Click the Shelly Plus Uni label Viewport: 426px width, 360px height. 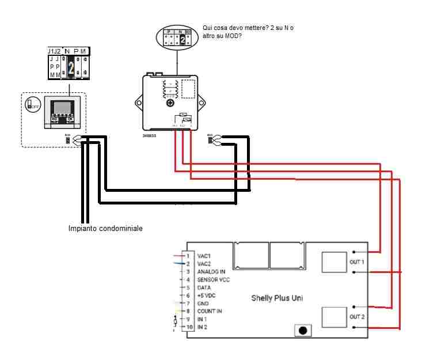point(276,298)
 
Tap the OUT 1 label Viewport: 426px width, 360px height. point(357,262)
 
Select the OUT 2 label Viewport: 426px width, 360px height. point(357,317)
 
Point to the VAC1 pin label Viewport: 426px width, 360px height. point(204,255)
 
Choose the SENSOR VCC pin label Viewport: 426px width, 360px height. point(214,279)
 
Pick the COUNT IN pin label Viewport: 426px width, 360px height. point(210,311)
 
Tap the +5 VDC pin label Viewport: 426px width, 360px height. point(206,295)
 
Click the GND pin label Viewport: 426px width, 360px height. point(203,303)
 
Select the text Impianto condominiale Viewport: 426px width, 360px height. point(105,229)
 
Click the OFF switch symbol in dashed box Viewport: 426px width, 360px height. point(32,105)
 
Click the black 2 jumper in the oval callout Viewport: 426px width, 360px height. point(182,39)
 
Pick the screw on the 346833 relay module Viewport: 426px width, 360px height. point(170,103)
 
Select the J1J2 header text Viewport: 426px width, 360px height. point(54,51)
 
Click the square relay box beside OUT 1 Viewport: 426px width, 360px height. point(334,262)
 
